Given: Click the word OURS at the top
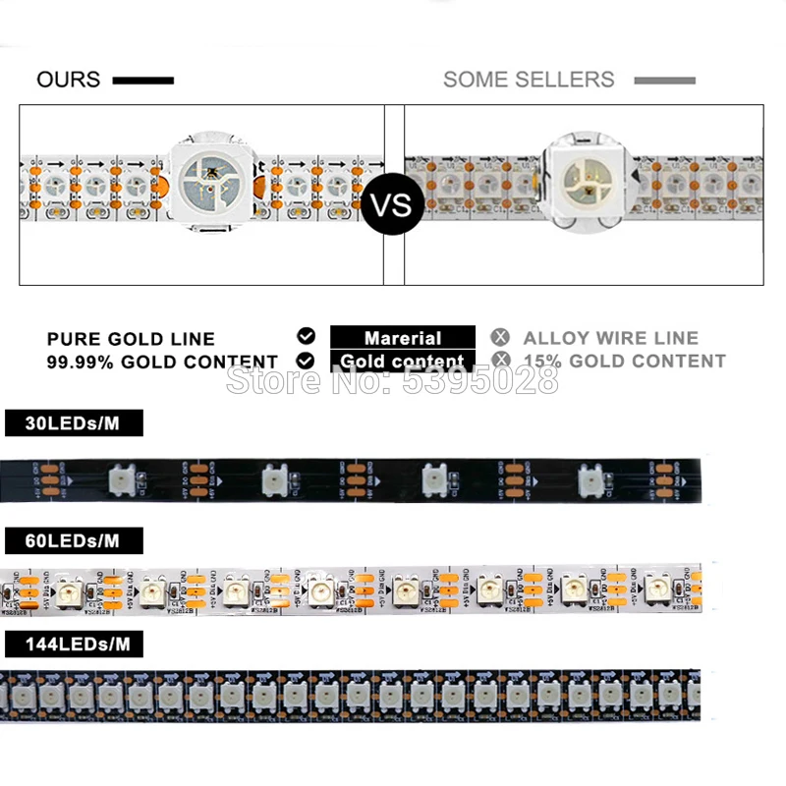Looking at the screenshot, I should tap(68, 80).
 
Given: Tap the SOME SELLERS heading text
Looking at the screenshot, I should tap(529, 80).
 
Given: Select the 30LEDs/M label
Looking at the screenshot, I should tap(74, 423).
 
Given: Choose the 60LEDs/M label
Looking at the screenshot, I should tap(74, 540).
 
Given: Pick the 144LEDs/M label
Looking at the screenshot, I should tap(74, 645).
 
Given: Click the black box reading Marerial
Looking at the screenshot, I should tap(403, 338).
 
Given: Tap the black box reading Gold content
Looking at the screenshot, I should tap(403, 362).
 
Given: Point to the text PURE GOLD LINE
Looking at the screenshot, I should tap(131, 339).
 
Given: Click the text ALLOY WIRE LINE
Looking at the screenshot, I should tap(610, 338).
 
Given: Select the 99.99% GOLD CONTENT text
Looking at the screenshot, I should tap(162, 362).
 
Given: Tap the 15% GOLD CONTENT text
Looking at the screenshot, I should tap(624, 362).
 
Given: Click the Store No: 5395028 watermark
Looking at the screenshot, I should tap(392, 379).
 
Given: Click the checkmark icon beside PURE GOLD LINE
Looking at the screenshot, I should tap(306, 336).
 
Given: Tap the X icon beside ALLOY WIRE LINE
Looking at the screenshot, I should tap(502, 336).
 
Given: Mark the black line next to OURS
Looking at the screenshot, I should tap(143, 81).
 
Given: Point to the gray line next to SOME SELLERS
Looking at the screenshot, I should tap(664, 81).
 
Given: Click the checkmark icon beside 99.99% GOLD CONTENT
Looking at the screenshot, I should tap(306, 360).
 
